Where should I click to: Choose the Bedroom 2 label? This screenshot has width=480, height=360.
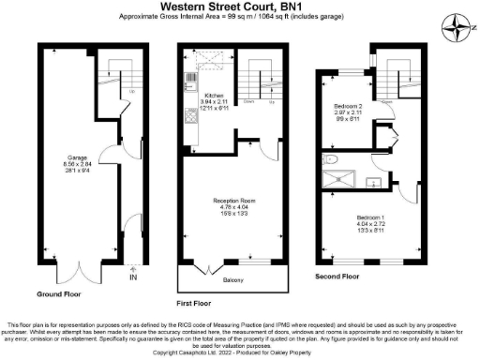[x=348, y=107]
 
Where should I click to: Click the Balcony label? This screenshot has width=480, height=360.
[x=232, y=278]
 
